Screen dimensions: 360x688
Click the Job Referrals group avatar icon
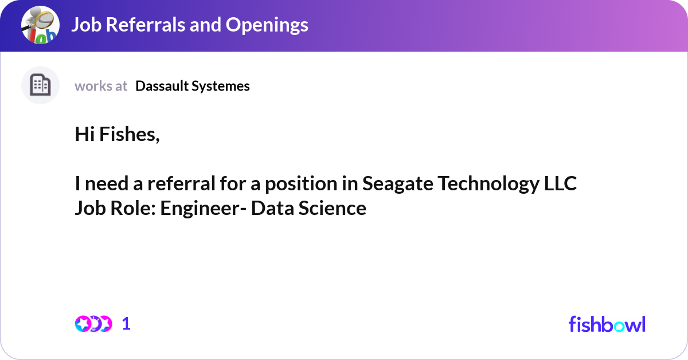point(40,26)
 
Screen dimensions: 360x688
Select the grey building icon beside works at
point(40,85)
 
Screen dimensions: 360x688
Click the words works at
point(101,86)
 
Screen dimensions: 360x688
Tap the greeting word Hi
point(85,135)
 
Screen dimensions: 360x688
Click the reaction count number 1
point(126,324)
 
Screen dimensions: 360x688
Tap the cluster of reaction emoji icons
point(93,324)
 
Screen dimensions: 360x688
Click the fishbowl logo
point(607,324)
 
